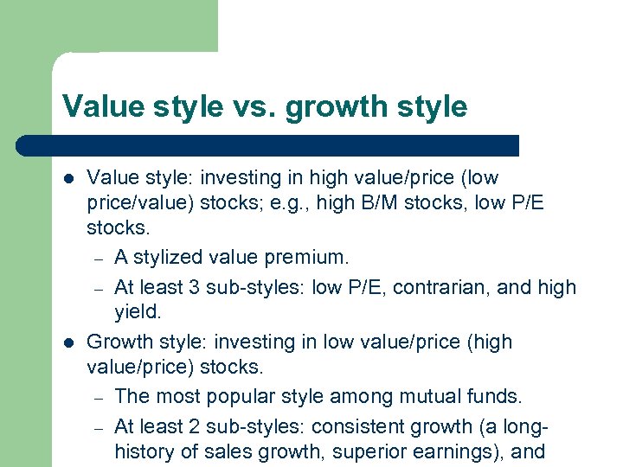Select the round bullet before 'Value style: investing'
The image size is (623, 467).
(x=68, y=178)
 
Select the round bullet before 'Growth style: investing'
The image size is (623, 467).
(x=68, y=342)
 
